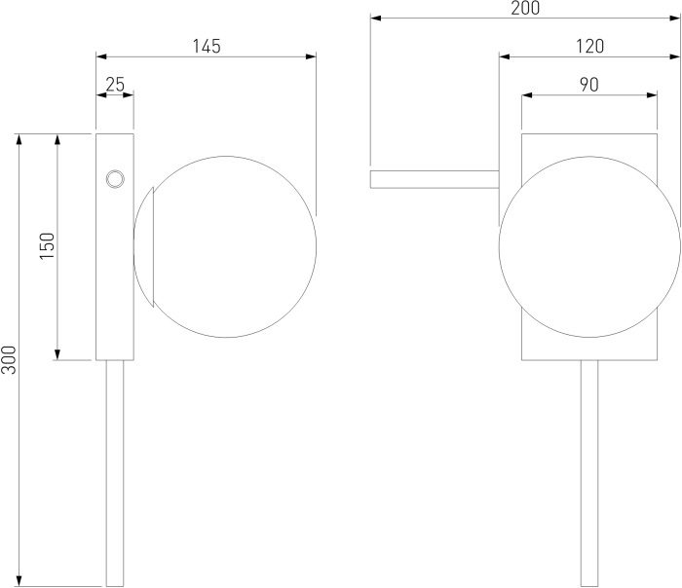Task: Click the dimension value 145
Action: coord(207,46)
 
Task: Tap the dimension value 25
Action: coord(115,85)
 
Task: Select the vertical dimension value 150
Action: coord(48,246)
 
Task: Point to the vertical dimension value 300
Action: coord(8,360)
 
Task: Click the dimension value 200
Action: coord(525,8)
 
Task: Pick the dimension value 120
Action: coord(589,46)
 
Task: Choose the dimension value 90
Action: coord(588,85)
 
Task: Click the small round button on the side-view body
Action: coord(115,179)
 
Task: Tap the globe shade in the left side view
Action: coord(225,246)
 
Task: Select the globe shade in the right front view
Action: coord(589,246)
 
